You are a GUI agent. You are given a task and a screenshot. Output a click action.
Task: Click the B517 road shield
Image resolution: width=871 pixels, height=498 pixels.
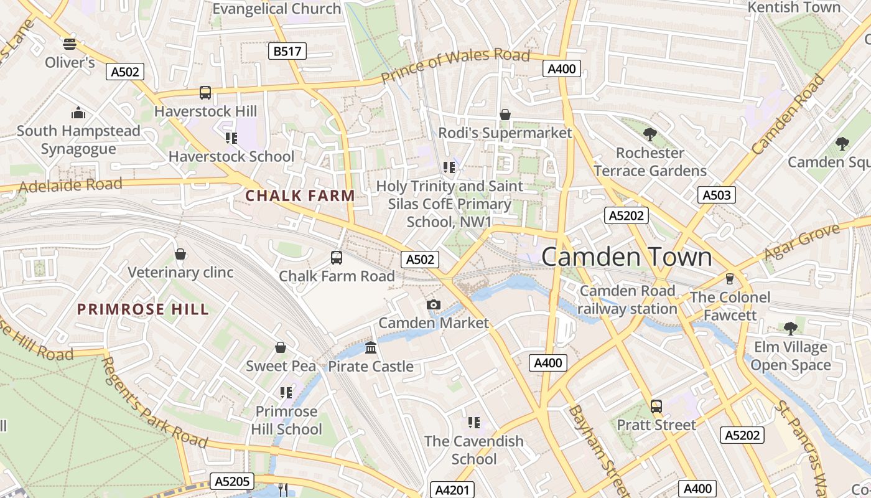tap(287, 51)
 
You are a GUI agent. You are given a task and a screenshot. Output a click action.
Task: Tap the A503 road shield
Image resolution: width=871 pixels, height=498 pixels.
tap(716, 195)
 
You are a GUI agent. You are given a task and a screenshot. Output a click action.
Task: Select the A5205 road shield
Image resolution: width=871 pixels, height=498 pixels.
tap(232, 481)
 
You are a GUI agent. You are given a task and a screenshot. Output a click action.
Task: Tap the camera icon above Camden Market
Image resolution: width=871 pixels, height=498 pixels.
tap(434, 304)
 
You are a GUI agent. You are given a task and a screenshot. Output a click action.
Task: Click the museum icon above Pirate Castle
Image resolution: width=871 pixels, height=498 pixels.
tap(371, 347)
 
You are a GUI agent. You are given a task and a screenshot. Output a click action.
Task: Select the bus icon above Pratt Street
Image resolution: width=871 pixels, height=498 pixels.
tap(656, 406)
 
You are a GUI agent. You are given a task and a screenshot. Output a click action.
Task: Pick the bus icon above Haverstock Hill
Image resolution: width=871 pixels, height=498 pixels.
tap(205, 93)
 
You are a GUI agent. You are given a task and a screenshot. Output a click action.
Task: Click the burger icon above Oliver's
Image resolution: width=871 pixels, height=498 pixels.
tap(70, 44)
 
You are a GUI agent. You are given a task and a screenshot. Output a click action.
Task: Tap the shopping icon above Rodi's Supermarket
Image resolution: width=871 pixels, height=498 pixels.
tap(505, 115)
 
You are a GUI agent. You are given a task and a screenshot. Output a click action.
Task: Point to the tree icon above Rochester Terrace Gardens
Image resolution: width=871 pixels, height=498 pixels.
tap(650, 134)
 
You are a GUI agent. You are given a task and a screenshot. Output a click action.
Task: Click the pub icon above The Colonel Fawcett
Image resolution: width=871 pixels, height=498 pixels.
tap(730, 278)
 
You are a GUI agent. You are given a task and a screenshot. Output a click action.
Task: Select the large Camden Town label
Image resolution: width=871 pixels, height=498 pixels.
tap(626, 257)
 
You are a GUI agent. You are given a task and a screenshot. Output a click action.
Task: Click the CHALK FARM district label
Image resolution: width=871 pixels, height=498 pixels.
tap(300, 195)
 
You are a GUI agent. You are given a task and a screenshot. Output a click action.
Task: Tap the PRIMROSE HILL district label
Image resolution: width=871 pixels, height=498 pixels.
tap(143, 309)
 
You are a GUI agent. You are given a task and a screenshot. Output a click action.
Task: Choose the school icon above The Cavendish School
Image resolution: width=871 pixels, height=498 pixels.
tap(474, 423)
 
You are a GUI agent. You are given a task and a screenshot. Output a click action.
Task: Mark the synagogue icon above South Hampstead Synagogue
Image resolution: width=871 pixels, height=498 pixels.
tap(78, 113)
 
